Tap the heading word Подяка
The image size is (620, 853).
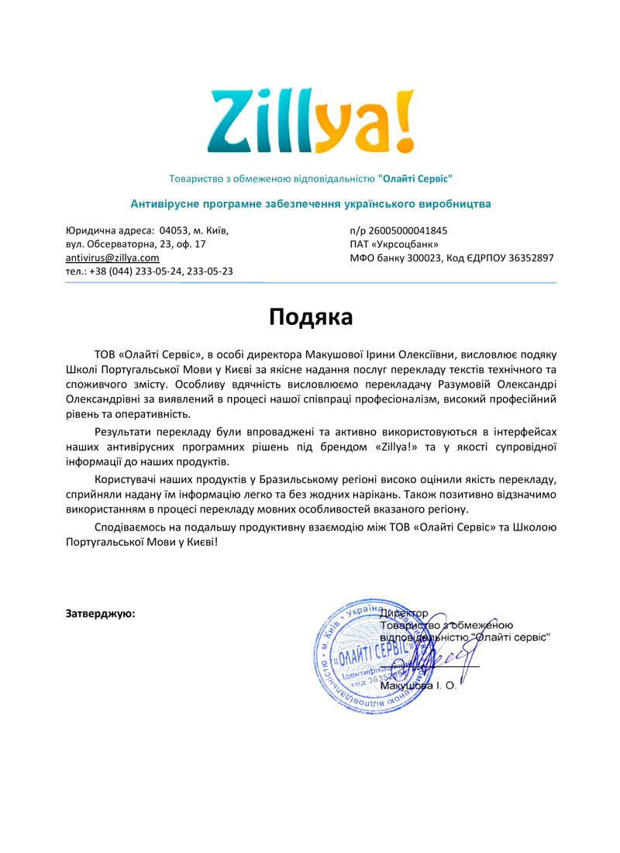[310, 316]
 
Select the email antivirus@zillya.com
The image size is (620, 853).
[112, 257]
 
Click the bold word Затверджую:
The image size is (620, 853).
[101, 613]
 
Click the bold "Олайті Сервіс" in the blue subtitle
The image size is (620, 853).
[415, 178]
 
